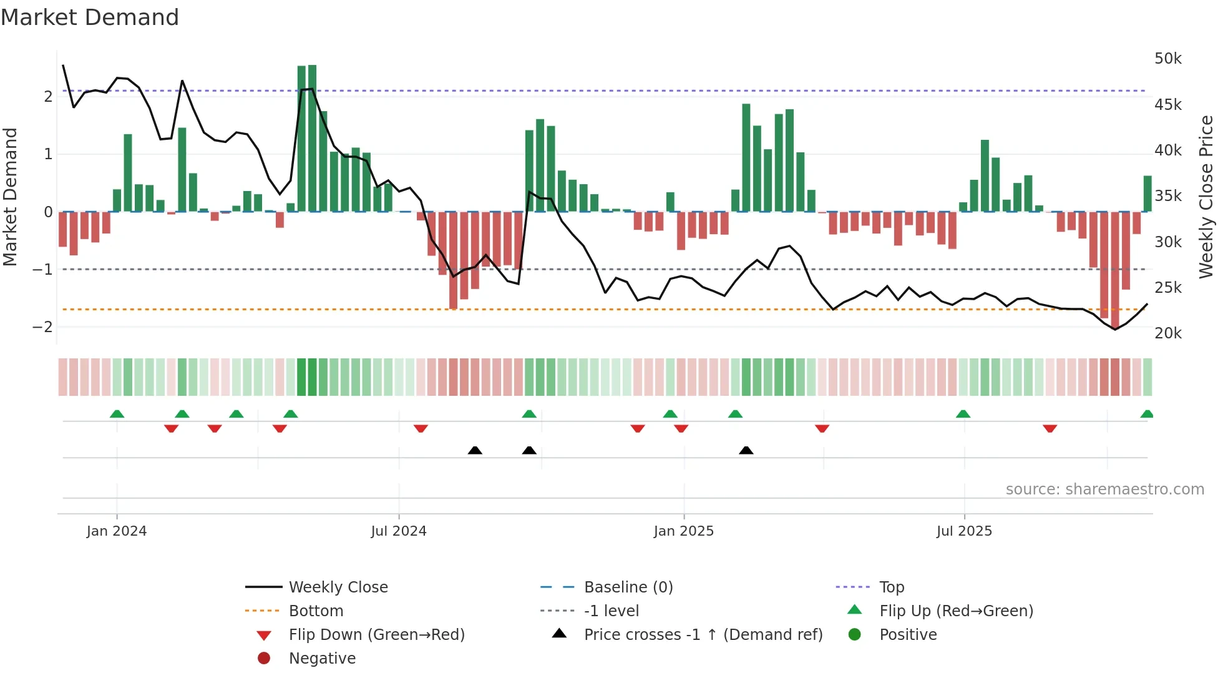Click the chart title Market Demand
[90, 17]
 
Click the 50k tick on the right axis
[1167, 59]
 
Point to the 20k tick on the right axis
[1167, 333]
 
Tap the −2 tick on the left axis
[42, 327]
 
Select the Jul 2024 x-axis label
[398, 531]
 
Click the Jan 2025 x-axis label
[683, 531]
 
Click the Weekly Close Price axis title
[1206, 197]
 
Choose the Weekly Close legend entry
[338, 587]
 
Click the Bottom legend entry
[316, 611]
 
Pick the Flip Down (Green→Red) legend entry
[376, 635]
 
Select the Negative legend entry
[322, 659]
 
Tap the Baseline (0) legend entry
[628, 587]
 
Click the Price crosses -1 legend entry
[703, 635]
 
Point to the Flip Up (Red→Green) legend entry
[956, 611]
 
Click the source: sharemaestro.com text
[1104, 489]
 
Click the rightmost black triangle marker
[746, 450]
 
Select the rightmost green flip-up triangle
[1147, 414]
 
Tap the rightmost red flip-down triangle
[1050, 428]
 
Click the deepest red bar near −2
[1115, 268]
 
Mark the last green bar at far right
[1147, 194]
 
